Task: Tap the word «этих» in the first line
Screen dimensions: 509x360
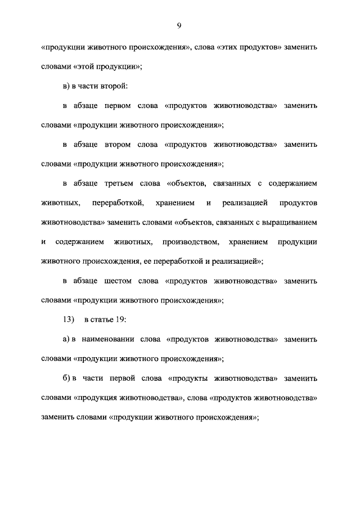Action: click(x=232, y=48)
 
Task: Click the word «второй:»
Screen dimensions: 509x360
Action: click(x=116, y=86)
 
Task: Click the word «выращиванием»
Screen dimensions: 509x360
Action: click(x=287, y=222)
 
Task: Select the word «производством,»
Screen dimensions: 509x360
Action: click(x=189, y=242)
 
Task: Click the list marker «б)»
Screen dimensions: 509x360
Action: click(x=67, y=379)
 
